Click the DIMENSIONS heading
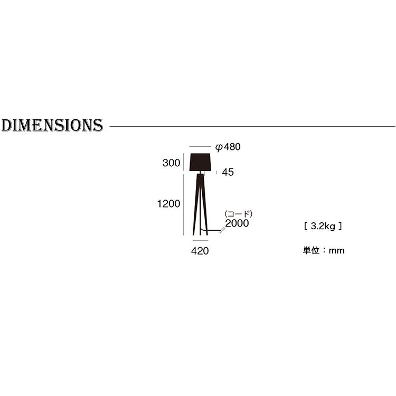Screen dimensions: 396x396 pyautogui.click(x=52, y=125)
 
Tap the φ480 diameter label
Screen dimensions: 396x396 pyautogui.click(x=228, y=147)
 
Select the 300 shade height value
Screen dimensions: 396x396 pyautogui.click(x=171, y=163)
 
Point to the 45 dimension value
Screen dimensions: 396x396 pyautogui.click(x=228, y=172)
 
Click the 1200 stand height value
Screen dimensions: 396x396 pyautogui.click(x=168, y=204)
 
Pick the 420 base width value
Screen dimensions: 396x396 pyautogui.click(x=200, y=251)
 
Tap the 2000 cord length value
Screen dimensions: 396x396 pyautogui.click(x=237, y=223)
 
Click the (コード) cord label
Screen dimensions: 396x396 pyautogui.click(x=239, y=214)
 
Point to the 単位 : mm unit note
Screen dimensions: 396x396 pyautogui.click(x=323, y=250)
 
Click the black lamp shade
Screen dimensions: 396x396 pyautogui.click(x=200, y=162)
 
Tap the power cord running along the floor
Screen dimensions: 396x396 pyautogui.click(x=213, y=231)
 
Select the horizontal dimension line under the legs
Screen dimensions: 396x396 pyautogui.click(x=200, y=241)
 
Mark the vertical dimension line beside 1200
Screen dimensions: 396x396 pyautogui.click(x=184, y=204)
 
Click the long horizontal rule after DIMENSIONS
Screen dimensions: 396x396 pyautogui.click(x=251, y=126)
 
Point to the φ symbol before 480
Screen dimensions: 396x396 pyautogui.click(x=219, y=147)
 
